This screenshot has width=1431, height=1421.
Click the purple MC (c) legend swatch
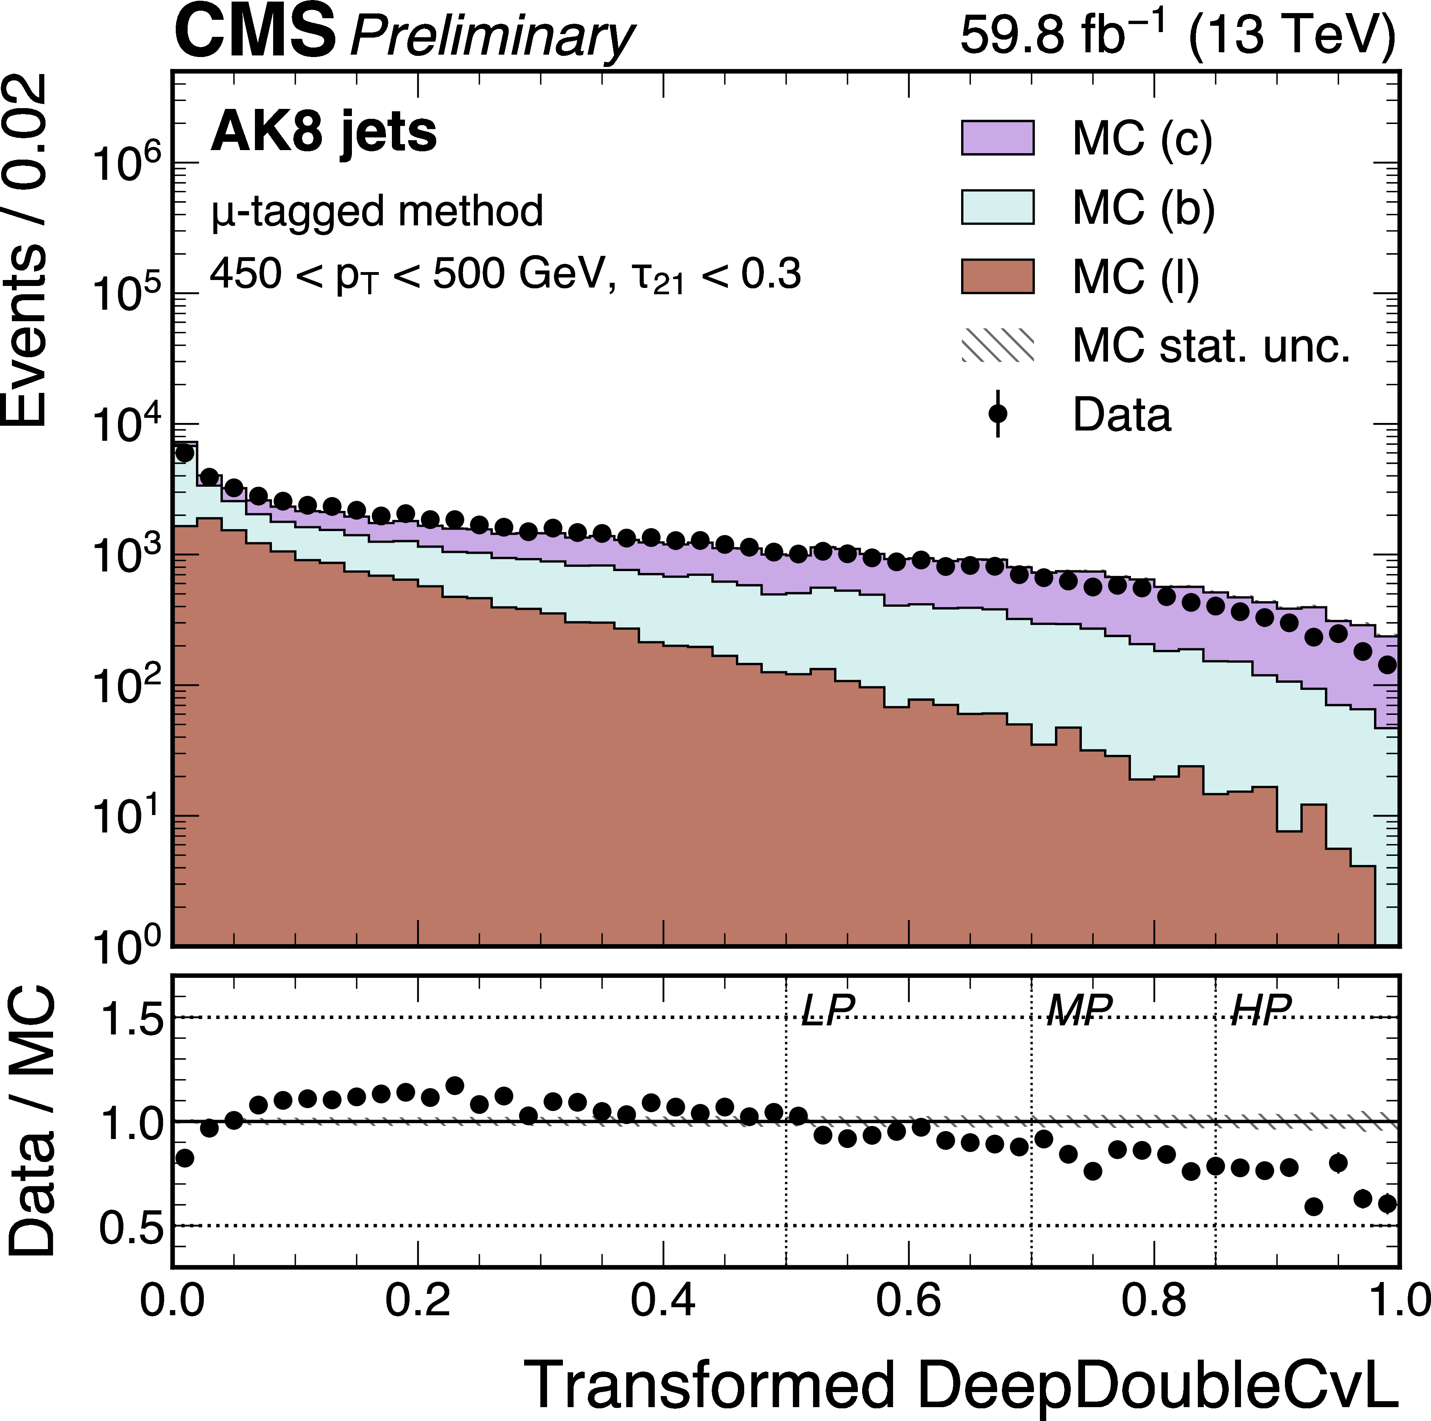(997, 138)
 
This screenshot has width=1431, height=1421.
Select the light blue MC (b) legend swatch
(997, 207)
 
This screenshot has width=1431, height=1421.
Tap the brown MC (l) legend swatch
(997, 276)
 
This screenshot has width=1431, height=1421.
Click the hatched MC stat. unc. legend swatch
(997, 345)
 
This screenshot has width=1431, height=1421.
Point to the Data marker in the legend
(998, 413)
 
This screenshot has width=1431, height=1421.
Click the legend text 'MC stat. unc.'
(1211, 345)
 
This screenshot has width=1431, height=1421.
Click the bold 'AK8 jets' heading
(324, 133)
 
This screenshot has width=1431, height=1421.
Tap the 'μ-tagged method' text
(377, 211)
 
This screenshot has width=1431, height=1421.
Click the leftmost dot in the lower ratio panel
(184, 1157)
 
